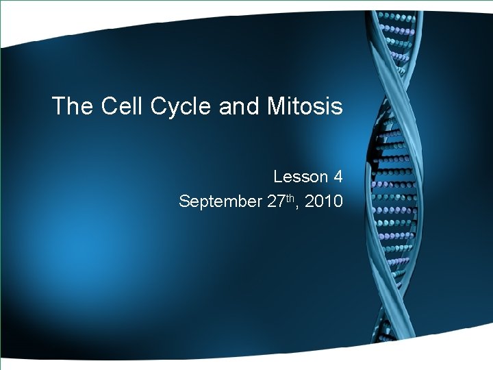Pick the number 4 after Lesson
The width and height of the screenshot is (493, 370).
tap(338, 177)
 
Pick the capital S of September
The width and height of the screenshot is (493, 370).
tap(184, 201)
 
